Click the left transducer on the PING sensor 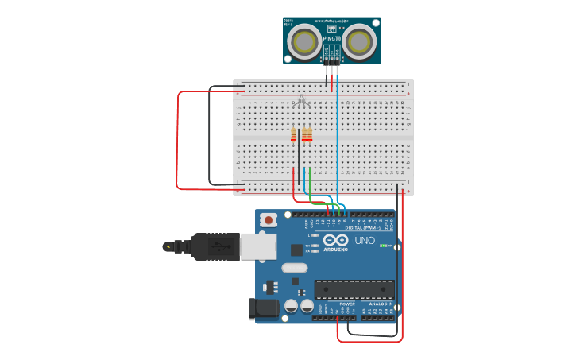305,42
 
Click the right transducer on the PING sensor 359,42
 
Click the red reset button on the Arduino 269,220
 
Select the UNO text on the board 365,240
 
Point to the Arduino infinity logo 335,240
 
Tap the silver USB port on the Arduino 258,246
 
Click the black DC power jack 264,309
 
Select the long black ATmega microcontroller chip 354,290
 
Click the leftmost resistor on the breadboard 293,134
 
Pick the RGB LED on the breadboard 301,101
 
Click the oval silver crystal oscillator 294,268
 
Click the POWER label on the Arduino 347,304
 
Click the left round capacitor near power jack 292,305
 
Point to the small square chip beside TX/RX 296,249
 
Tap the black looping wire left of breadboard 210,135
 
